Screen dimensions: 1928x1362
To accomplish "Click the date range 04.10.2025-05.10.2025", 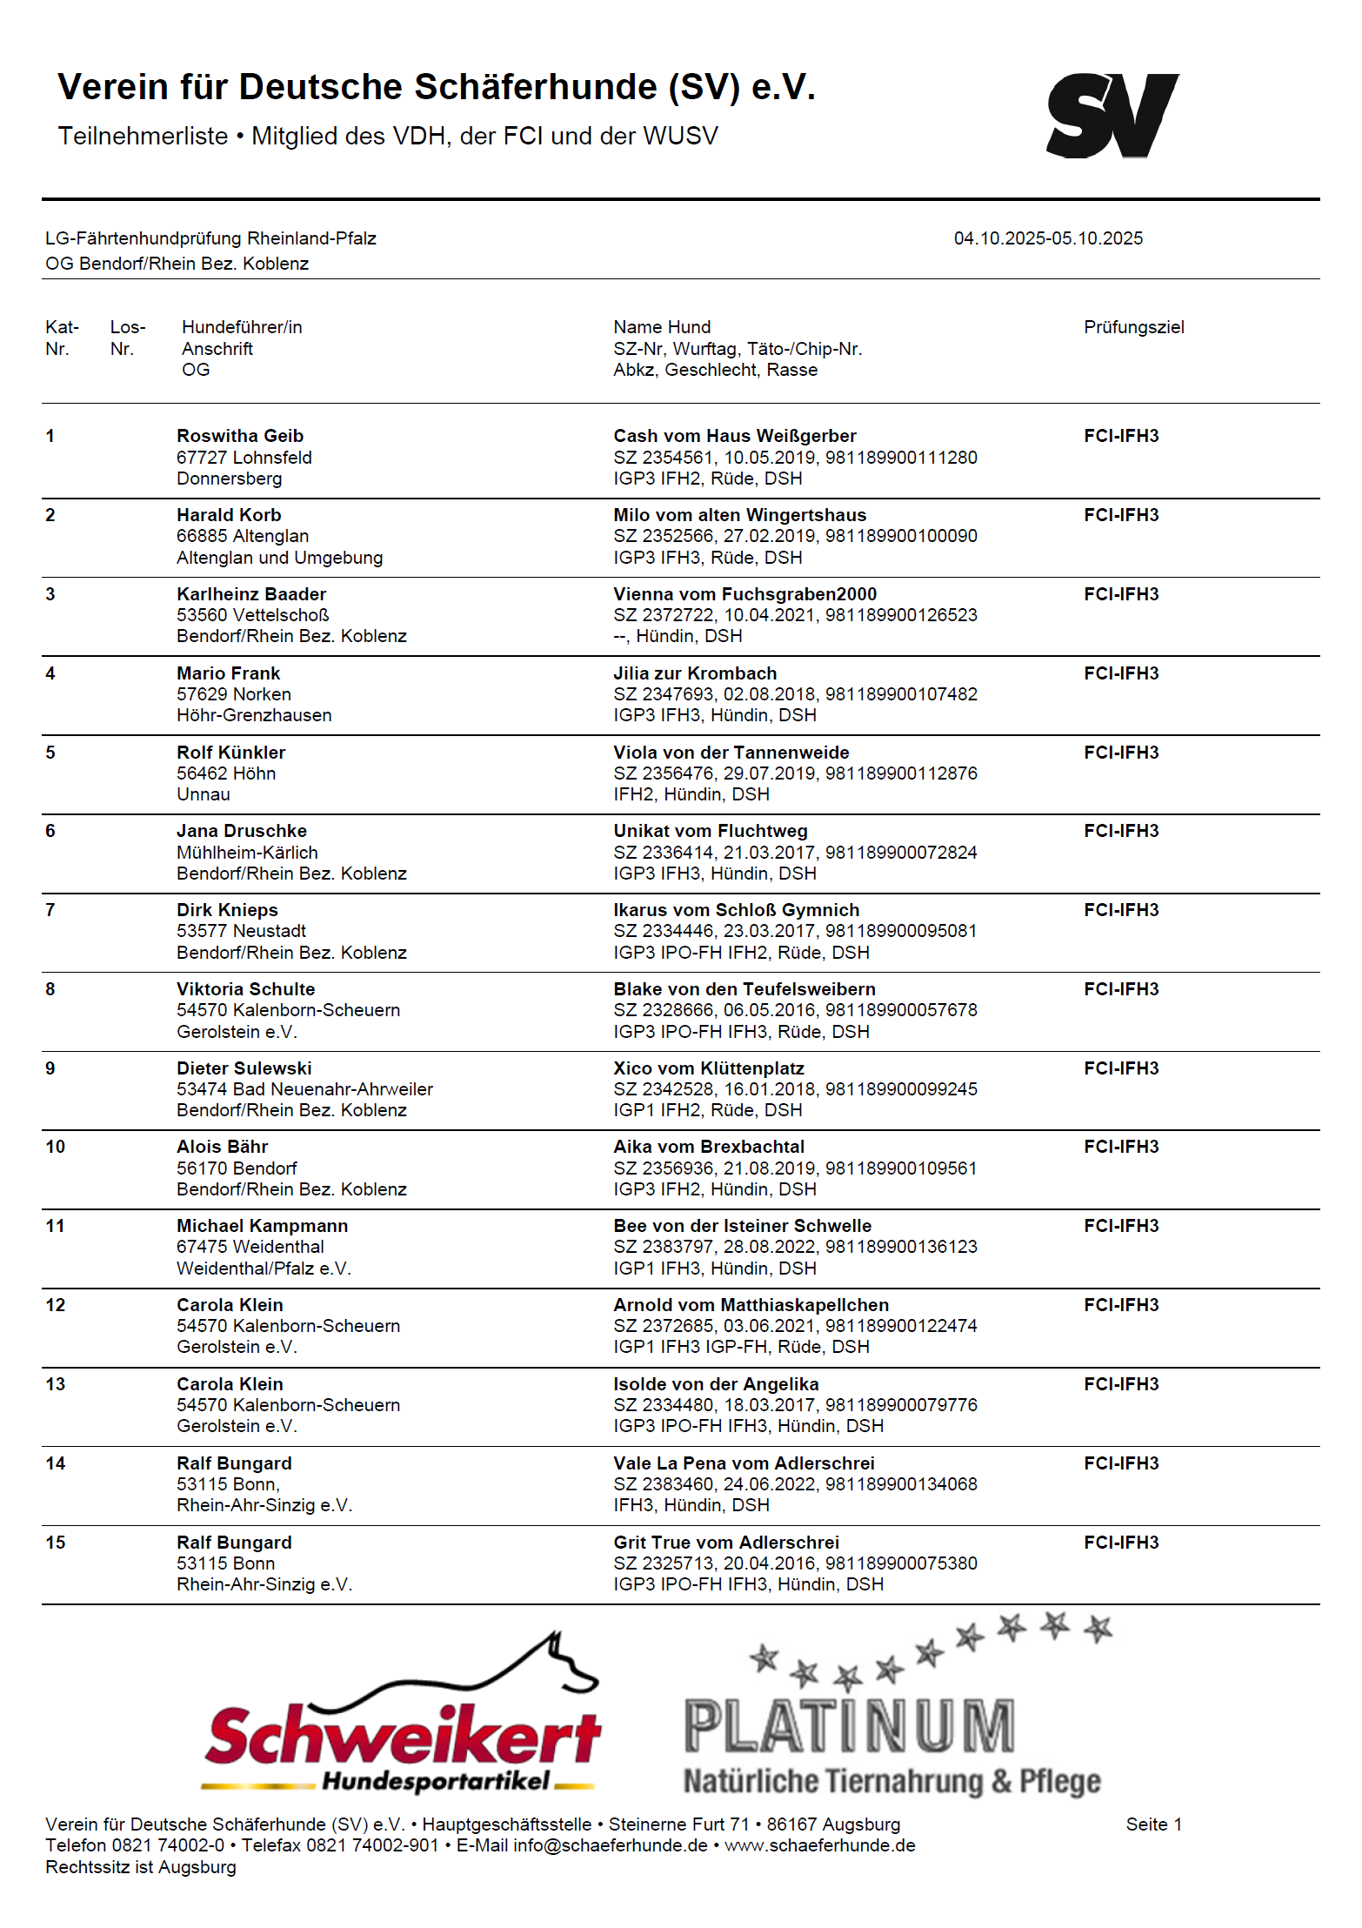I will [1048, 238].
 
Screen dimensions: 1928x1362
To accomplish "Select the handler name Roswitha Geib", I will [240, 436].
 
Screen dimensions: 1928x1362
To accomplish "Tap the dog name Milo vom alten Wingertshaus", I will [739, 515].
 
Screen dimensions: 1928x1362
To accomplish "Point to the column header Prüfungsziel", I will [1133, 327].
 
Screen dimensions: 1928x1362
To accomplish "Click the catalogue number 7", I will [50, 910].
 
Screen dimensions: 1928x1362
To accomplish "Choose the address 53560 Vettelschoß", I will [252, 615].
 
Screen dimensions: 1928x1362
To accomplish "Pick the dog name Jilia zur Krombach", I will [695, 673].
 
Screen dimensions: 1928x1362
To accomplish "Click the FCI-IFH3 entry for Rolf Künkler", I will [1121, 753].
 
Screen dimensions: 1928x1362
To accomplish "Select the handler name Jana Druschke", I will [242, 831].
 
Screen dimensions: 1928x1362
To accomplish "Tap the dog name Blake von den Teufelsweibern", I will [744, 989].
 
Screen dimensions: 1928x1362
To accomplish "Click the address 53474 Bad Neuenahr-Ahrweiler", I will [304, 1089].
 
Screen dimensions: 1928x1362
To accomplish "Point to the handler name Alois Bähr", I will [222, 1147].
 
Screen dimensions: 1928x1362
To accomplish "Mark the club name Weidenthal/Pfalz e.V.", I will [264, 1269].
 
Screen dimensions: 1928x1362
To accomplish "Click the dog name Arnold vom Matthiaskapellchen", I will [751, 1305].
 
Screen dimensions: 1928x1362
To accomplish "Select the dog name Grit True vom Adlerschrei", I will [726, 1543].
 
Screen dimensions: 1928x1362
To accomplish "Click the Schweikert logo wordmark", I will [402, 1736].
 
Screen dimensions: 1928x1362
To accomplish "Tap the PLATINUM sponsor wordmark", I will [849, 1726].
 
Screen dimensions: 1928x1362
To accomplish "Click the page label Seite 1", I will [1153, 1824].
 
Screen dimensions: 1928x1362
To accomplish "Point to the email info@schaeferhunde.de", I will [610, 1845].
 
